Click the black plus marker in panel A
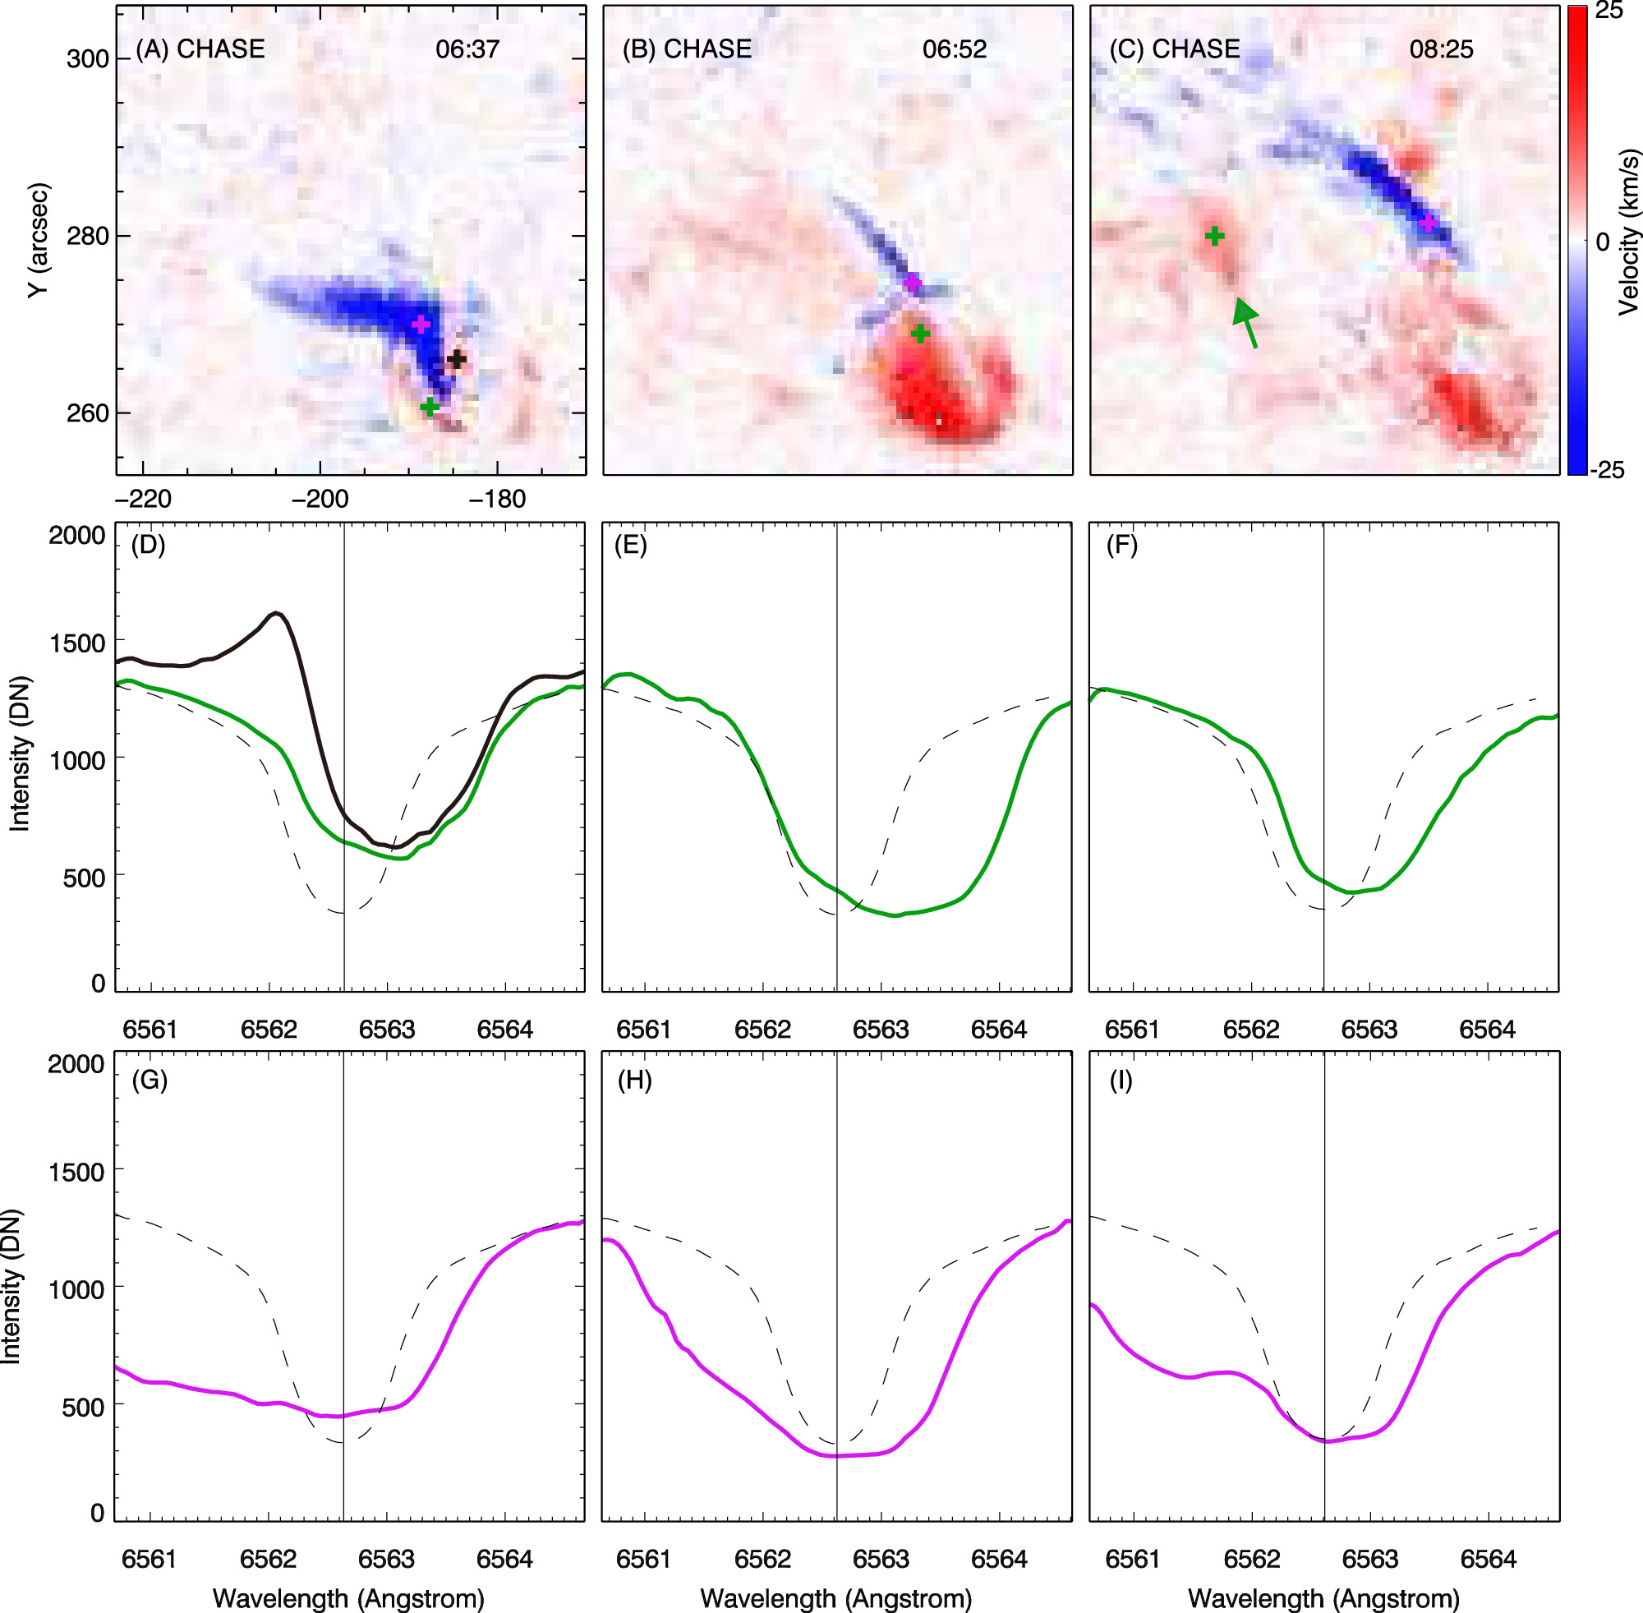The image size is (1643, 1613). [x=457, y=359]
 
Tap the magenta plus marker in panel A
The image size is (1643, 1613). [x=421, y=324]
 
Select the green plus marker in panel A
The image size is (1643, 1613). [x=430, y=407]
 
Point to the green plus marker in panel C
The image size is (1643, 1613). [x=1214, y=236]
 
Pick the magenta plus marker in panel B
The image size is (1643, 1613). [x=912, y=282]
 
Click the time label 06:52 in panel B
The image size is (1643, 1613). [x=955, y=49]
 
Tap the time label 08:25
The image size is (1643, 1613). [x=1441, y=49]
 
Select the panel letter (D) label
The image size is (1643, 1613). [x=148, y=545]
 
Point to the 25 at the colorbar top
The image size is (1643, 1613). [x=1608, y=12]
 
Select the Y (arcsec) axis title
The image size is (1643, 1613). [x=37, y=240]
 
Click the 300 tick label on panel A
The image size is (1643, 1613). [x=88, y=59]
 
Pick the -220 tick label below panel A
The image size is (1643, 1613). [x=143, y=499]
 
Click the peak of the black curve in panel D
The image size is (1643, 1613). [x=277, y=612]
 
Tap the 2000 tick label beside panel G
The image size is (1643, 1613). [x=76, y=1064]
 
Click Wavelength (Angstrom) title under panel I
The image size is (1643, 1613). [x=1323, y=1597]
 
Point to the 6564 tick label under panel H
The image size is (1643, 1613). [x=998, y=1559]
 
